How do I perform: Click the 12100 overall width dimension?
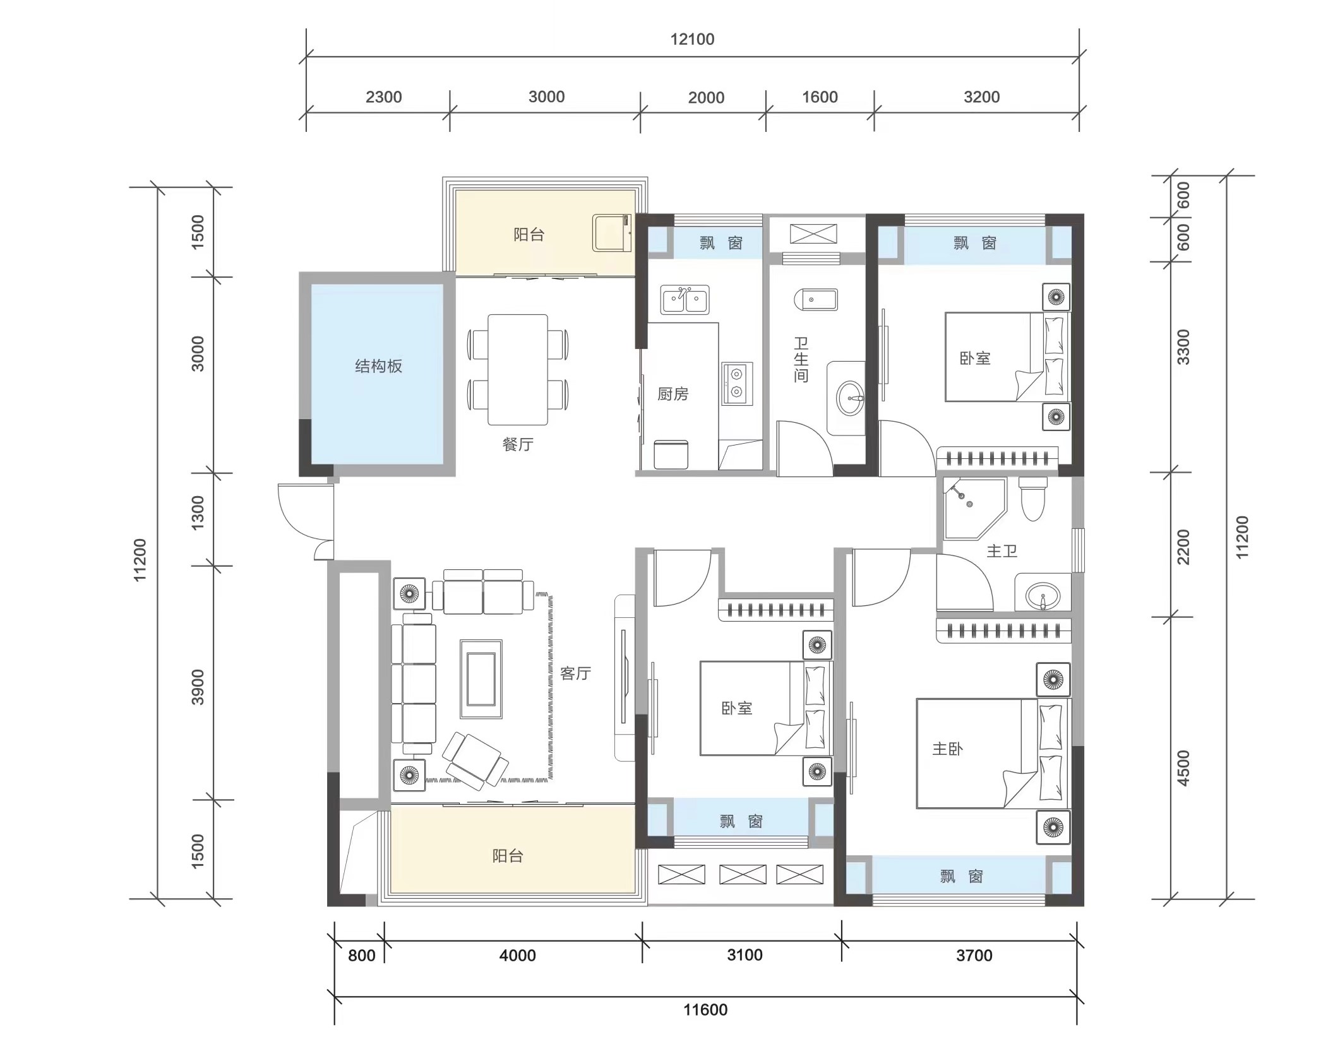point(692,39)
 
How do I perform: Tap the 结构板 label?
point(378,366)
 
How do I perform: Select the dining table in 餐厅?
point(518,370)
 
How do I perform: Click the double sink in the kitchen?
point(685,300)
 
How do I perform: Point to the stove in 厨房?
point(737,384)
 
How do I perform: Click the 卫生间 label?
point(801,360)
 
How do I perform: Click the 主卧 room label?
point(947,749)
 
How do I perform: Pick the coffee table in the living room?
point(481,679)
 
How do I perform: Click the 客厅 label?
point(575,673)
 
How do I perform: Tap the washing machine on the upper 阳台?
point(612,233)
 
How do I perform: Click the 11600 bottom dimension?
point(705,1010)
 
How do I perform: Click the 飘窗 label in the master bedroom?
point(961,876)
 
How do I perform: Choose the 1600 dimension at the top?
point(820,97)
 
